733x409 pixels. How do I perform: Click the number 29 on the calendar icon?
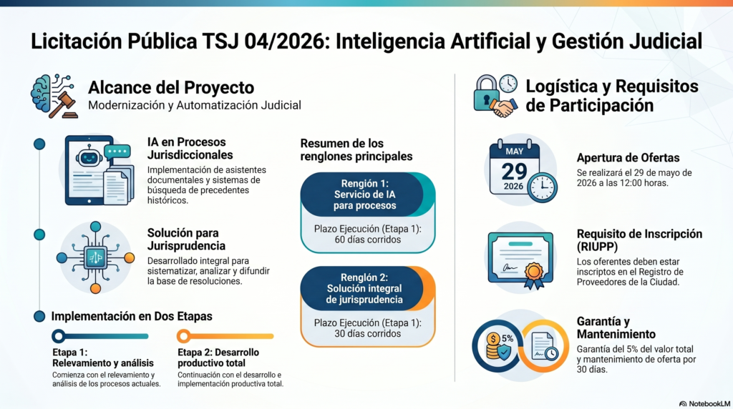coord(514,171)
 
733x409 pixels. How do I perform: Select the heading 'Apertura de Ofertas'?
coord(628,158)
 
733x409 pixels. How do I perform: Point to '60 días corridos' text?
coord(367,240)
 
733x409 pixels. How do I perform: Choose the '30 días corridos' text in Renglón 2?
coord(367,333)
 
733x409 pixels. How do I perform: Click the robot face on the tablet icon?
coord(89,157)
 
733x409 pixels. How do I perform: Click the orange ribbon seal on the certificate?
coord(534,274)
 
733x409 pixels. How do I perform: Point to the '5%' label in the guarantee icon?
coord(508,338)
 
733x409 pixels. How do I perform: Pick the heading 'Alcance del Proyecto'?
coord(171,87)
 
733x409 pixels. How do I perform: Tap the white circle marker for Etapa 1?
coord(59,335)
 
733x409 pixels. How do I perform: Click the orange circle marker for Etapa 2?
coord(184,335)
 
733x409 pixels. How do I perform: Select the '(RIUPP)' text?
coord(597,247)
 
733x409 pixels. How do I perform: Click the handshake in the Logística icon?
coord(503,108)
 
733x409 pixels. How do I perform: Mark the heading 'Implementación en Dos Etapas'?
coord(132,316)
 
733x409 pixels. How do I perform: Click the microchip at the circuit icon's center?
coord(95,257)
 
